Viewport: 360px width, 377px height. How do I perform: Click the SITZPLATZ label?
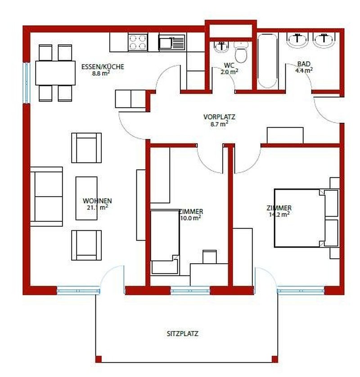(183, 334)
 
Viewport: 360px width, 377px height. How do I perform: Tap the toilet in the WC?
(241, 52)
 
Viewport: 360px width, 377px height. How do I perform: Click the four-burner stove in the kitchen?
(138, 42)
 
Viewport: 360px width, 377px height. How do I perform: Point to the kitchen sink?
(172, 42)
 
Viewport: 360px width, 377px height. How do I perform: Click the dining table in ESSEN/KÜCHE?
(55, 73)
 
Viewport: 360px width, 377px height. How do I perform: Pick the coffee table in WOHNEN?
(86, 198)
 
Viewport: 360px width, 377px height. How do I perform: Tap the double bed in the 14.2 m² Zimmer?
(307, 218)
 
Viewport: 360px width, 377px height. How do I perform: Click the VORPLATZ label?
(219, 117)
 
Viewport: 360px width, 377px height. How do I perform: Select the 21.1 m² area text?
(97, 207)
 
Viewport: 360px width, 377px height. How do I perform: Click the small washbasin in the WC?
(221, 47)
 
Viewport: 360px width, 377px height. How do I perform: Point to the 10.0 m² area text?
(191, 218)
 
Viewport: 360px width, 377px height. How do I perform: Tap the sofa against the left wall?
(47, 197)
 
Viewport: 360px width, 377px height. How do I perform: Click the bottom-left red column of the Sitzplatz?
(99, 359)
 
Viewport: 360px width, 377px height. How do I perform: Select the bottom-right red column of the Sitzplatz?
(275, 359)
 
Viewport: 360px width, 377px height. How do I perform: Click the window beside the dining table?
(27, 83)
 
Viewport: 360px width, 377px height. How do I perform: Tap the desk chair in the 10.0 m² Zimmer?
(210, 257)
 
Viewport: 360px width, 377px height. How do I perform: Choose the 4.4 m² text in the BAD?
(304, 70)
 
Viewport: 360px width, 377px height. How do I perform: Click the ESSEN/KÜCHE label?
(103, 67)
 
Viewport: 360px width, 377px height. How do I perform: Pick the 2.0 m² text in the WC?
(229, 72)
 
